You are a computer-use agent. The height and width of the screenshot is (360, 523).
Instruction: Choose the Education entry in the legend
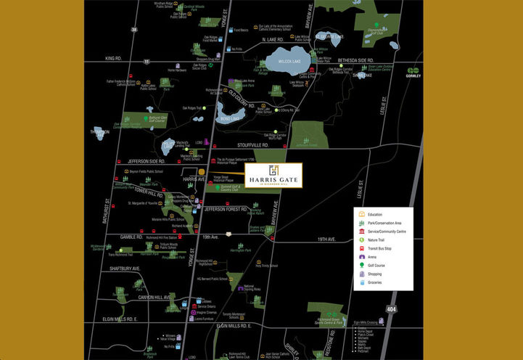[375, 215]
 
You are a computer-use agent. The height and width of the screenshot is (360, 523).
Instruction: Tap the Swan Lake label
[362, 75]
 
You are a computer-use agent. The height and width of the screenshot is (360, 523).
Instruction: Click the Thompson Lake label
[99, 131]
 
